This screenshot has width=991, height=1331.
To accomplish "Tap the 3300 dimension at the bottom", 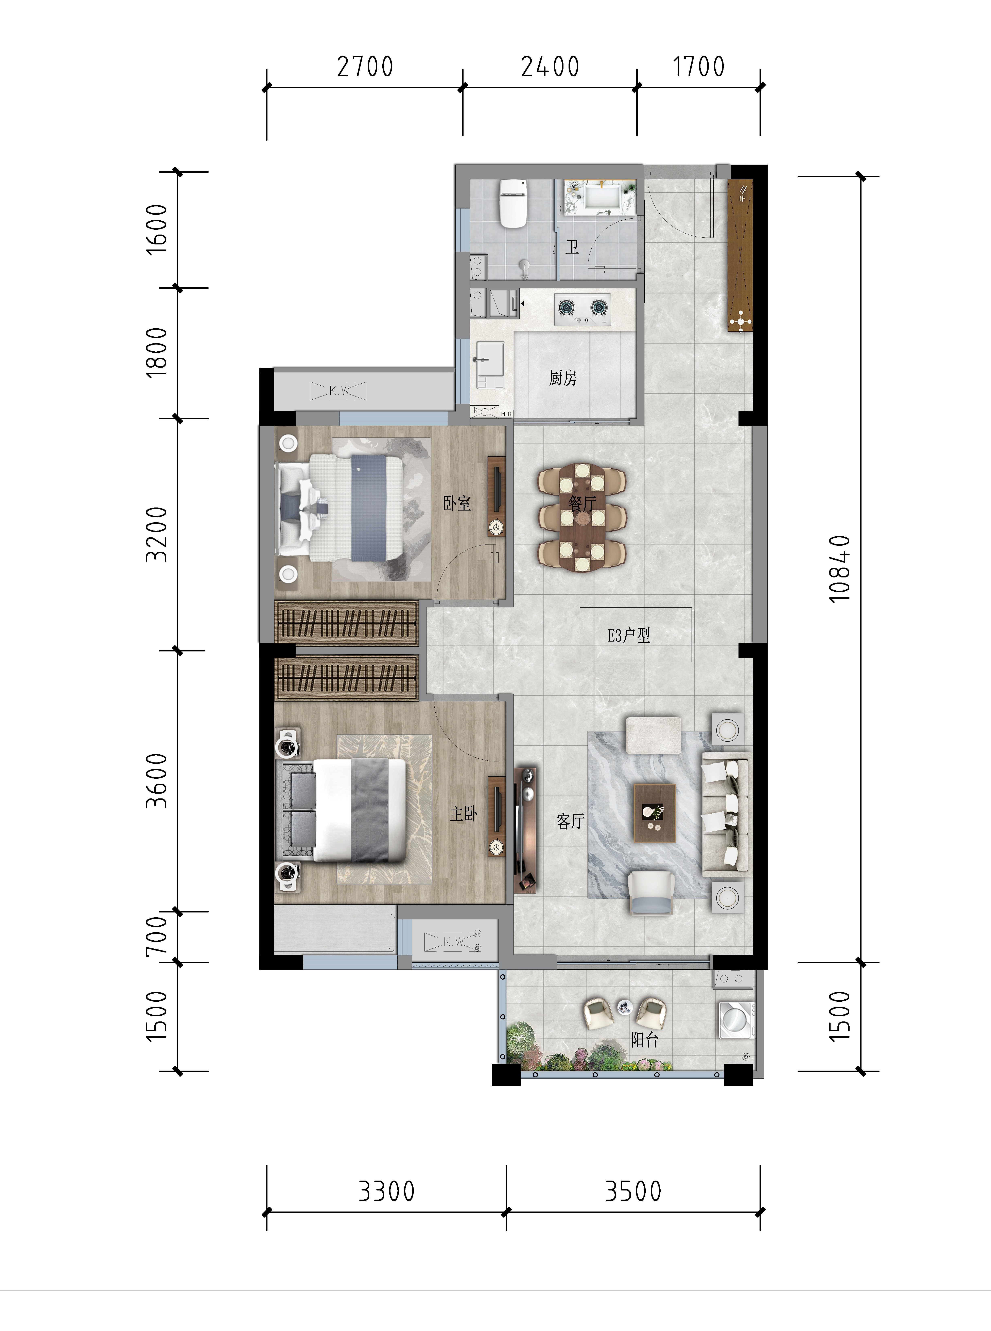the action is (386, 1191).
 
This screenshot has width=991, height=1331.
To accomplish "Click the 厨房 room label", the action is (563, 378).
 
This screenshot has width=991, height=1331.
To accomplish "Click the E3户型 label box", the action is (635, 634).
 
